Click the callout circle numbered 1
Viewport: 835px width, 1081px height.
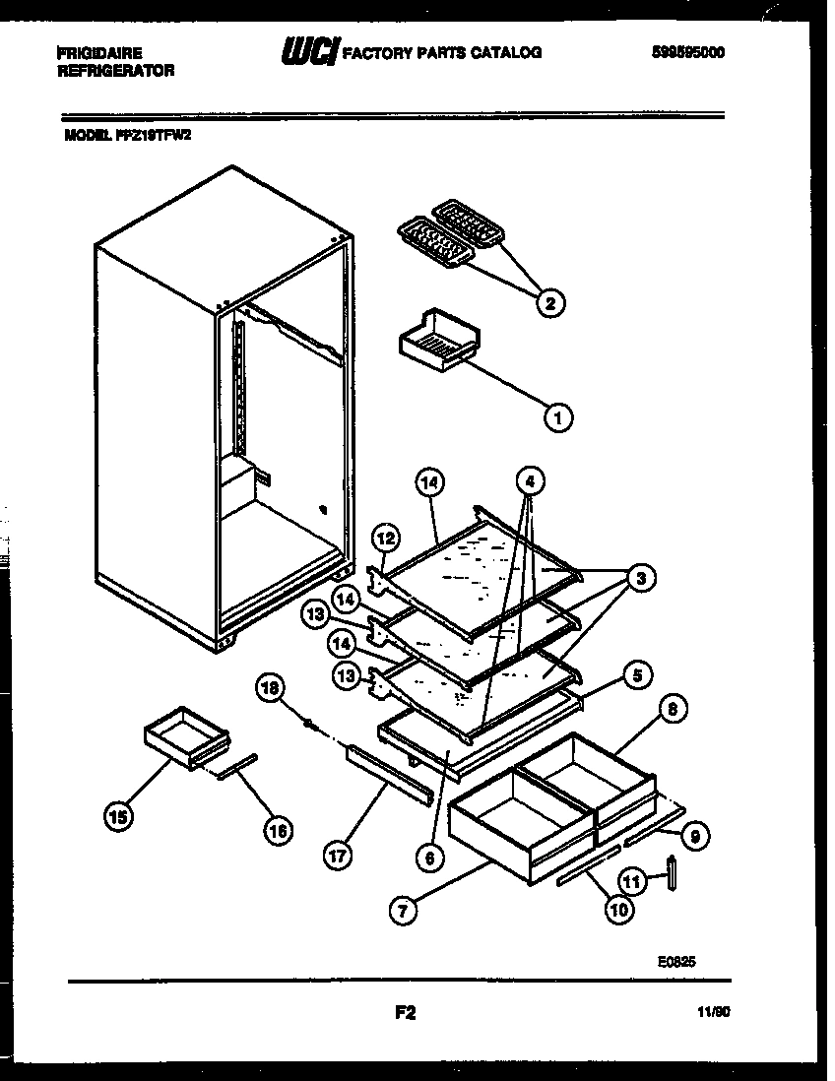(x=557, y=417)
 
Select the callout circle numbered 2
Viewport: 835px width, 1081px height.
(x=550, y=302)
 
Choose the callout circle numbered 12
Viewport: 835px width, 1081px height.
(x=386, y=538)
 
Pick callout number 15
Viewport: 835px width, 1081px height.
(x=118, y=816)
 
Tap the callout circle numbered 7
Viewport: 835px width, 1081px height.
(x=403, y=911)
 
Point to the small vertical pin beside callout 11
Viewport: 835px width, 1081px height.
(x=673, y=872)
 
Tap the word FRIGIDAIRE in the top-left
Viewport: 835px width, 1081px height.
(x=99, y=53)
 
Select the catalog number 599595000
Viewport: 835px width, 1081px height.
(x=687, y=53)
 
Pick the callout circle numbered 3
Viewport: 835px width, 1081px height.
(x=640, y=579)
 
